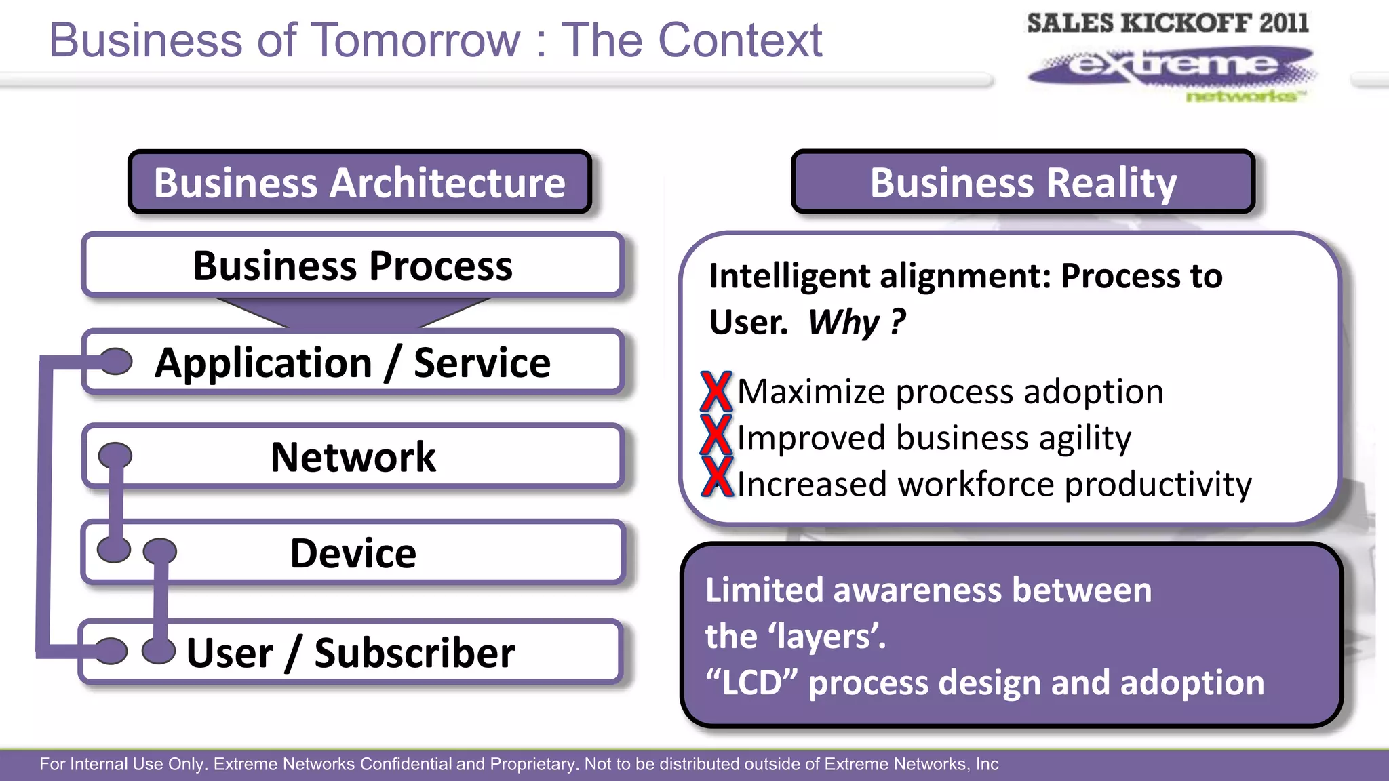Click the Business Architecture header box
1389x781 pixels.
click(359, 182)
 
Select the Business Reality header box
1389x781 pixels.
click(1023, 182)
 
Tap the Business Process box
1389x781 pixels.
click(353, 265)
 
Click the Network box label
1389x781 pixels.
click(353, 457)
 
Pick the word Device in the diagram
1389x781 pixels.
click(353, 553)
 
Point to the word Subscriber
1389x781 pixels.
click(414, 653)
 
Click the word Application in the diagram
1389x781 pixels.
click(263, 363)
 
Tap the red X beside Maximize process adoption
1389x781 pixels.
click(716, 392)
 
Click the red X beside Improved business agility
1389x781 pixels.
click(716, 435)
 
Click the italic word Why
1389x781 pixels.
click(844, 322)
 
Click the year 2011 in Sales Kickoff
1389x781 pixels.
click(1284, 23)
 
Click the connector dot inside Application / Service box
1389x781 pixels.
click(115, 361)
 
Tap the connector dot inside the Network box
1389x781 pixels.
click(115, 456)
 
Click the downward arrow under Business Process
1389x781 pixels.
click(353, 313)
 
